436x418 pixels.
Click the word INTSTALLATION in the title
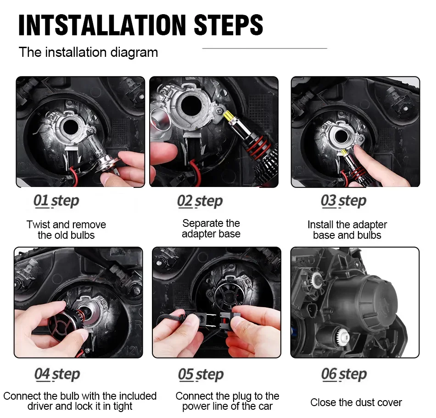[x=102, y=25]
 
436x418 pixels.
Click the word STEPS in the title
[x=228, y=25]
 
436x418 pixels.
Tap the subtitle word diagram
[x=134, y=53]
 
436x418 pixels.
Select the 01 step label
[x=56, y=201]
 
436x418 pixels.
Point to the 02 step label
[x=200, y=201]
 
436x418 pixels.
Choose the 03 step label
[x=343, y=201]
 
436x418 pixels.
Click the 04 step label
[x=57, y=374]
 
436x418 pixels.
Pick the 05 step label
[x=201, y=374]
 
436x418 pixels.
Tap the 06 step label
[x=344, y=374]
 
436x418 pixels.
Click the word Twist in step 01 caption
[x=38, y=225]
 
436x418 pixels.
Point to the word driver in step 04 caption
[x=40, y=407]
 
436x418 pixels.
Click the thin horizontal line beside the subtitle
[x=264, y=48]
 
